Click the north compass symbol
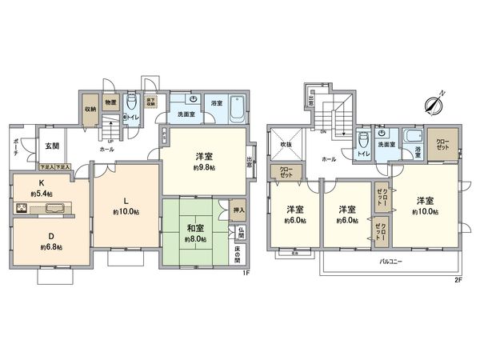[x=434, y=103]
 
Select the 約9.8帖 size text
[x=203, y=169]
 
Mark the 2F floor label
[x=458, y=279]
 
